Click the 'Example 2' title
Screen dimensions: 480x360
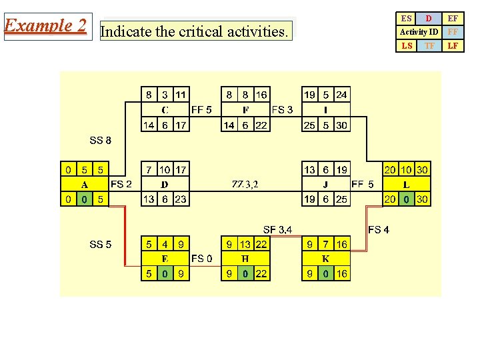45,26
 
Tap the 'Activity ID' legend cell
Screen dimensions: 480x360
419,32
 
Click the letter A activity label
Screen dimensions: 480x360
85,185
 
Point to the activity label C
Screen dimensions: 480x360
165,110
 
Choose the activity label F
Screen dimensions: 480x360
245,110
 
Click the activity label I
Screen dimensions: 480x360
325,110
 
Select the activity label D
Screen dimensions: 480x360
165,185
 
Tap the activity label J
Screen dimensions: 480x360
325,185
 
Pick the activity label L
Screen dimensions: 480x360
406,185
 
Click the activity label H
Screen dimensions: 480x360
245,259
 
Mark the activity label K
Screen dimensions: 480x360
325,259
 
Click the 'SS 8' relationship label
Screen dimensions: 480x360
101,141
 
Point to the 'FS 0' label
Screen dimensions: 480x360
202,258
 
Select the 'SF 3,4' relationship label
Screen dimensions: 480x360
277,230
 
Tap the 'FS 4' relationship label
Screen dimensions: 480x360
379,230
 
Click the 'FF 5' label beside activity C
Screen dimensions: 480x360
201,110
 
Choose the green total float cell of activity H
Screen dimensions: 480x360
245,273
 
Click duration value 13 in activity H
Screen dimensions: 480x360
245,245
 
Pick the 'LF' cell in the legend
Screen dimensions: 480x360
453,46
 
